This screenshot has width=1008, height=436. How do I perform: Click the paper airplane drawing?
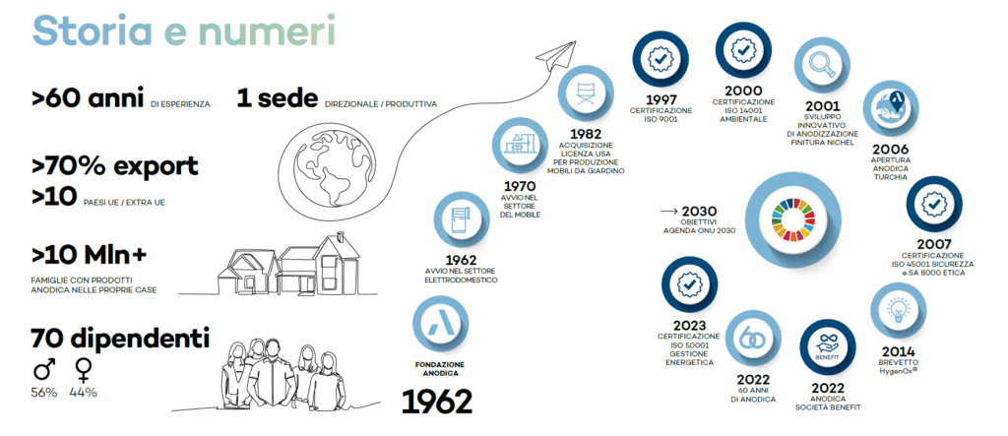(557, 56)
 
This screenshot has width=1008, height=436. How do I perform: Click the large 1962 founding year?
(437, 402)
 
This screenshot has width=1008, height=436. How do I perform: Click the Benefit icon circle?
(828, 347)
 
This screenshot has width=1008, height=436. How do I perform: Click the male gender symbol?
(43, 369)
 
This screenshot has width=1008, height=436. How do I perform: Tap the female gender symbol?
(83, 370)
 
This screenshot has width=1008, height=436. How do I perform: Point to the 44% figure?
(83, 393)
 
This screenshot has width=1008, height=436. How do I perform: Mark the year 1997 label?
(661, 101)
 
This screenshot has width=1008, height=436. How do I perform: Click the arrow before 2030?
(669, 211)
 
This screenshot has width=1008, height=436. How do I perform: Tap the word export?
(157, 166)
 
